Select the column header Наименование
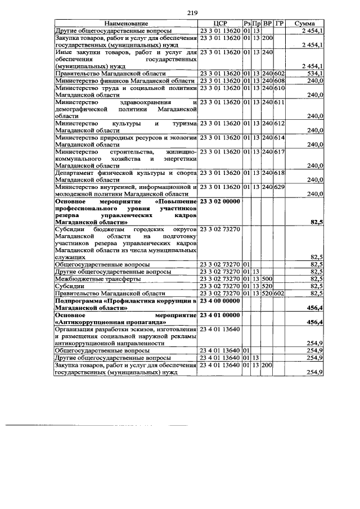click(126, 24)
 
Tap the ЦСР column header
click(220, 24)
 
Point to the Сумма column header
click(306, 24)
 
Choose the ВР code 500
click(267, 278)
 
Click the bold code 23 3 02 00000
click(220, 201)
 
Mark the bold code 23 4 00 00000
click(220, 301)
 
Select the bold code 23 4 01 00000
click(220, 316)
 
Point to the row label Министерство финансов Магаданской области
click(124, 81)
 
